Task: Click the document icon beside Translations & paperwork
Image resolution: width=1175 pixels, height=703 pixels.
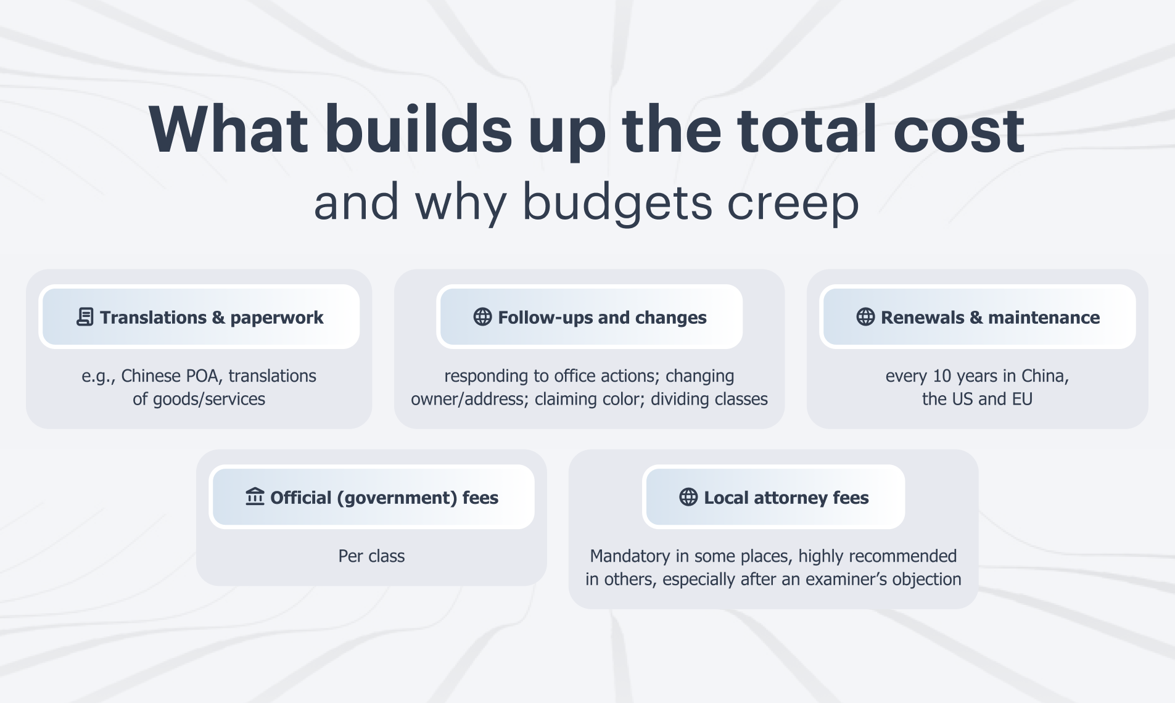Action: pos(85,317)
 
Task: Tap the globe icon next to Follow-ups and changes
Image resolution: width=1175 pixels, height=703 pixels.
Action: pos(482,317)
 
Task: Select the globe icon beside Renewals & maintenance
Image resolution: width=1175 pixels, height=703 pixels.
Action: pos(865,317)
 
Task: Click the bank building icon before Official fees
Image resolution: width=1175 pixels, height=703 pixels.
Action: pos(255,496)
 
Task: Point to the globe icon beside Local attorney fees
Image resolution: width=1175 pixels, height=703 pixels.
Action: pos(688,497)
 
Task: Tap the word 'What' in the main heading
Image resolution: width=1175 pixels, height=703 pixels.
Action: pos(228,129)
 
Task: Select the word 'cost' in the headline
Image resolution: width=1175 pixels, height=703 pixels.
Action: pos(959,131)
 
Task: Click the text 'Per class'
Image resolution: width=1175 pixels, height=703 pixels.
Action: pos(371,556)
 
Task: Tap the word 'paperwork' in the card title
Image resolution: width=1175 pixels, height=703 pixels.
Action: pos(277,318)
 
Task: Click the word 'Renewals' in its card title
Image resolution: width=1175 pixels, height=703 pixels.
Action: pos(922,318)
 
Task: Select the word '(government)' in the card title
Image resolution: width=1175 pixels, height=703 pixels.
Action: pos(397,498)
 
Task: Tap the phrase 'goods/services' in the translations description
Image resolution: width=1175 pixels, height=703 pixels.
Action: pos(208,400)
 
